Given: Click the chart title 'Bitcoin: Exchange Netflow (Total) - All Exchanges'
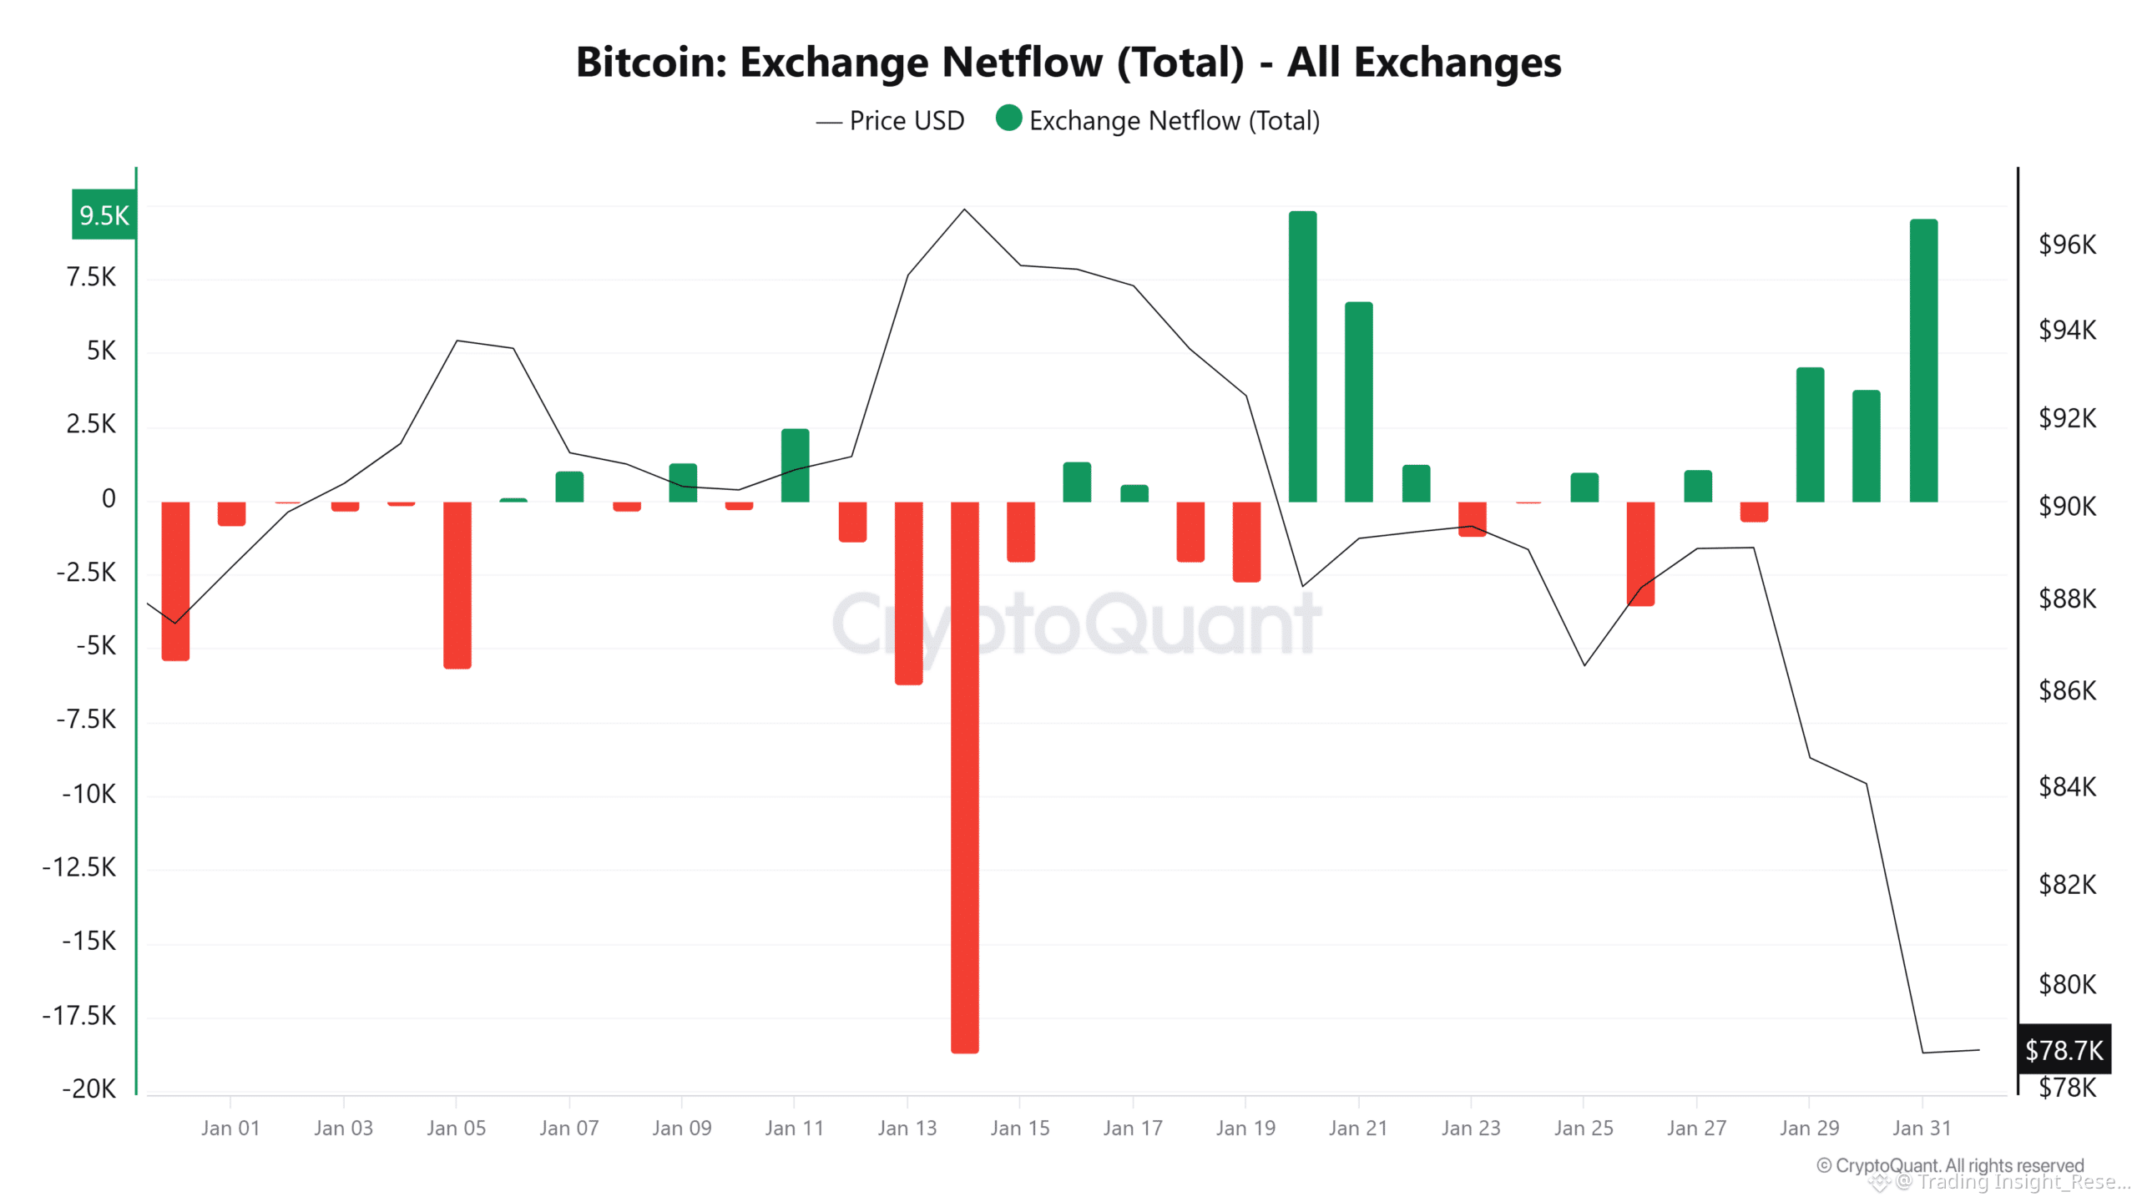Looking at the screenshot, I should click(1068, 63).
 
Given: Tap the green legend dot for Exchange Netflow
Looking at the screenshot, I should click(1008, 119).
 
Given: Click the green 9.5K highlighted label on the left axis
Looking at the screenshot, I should click(104, 215).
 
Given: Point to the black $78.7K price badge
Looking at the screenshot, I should click(2064, 1049).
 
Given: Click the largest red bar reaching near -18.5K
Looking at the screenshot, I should click(964, 776).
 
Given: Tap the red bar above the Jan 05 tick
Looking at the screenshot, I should click(457, 584).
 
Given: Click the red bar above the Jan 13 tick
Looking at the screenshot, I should click(908, 593).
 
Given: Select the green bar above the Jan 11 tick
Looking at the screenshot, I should click(795, 465).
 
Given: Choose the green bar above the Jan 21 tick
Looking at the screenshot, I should click(1359, 402).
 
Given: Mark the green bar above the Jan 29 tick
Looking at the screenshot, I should click(1810, 434).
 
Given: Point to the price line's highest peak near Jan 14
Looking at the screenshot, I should click(964, 210).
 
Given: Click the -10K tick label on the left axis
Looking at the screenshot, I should click(89, 793).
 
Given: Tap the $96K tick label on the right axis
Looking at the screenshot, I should click(2067, 245).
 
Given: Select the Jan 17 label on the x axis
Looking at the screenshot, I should click(1133, 1129).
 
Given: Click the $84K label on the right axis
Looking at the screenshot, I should click(2067, 786).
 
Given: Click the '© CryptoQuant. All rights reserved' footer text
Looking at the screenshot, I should click(1950, 1165).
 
